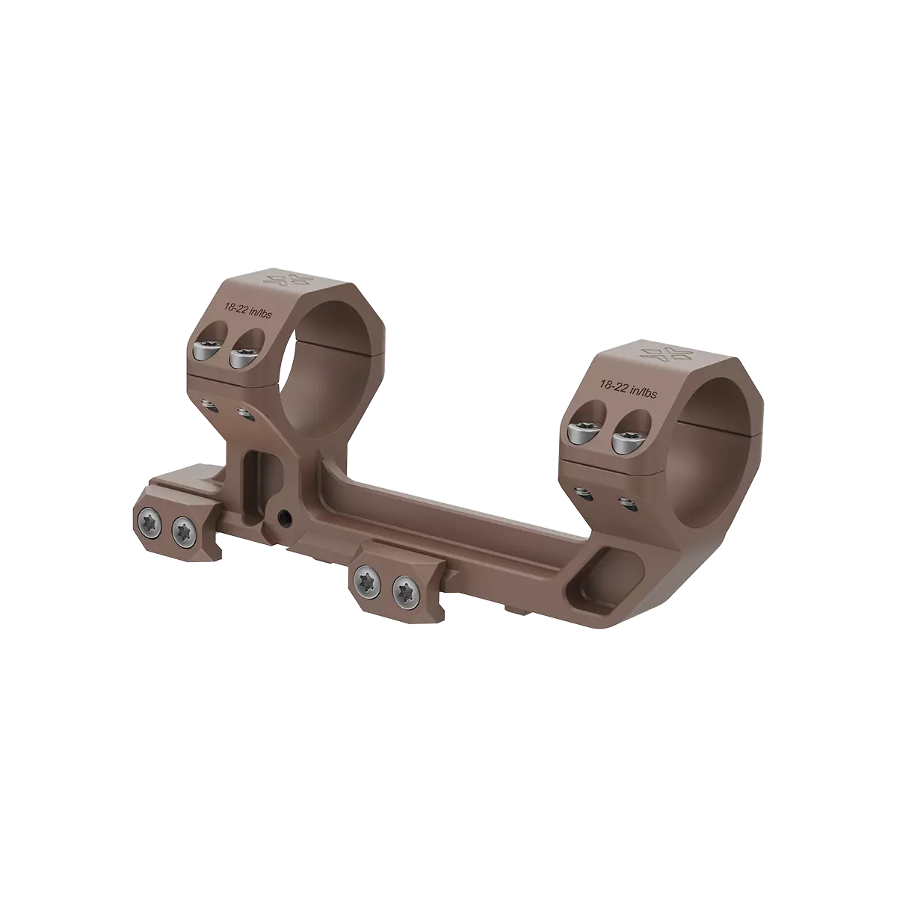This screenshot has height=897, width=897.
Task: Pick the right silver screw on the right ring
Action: pyautogui.click(x=625, y=441)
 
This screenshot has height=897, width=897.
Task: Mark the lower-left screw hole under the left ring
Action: pyautogui.click(x=209, y=404)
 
